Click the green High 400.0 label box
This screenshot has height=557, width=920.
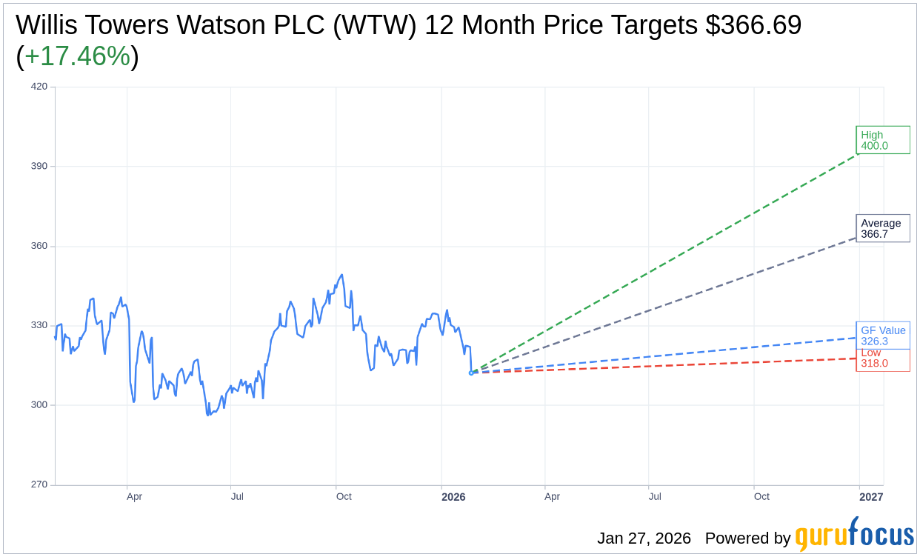[882, 140]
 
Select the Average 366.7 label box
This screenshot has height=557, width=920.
[882, 228]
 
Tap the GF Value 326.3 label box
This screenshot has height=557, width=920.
[882, 336]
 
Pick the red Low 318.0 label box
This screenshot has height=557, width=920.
[882, 361]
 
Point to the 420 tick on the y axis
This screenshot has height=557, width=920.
[39, 87]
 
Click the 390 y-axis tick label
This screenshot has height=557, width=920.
[39, 166]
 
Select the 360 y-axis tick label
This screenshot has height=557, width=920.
[39, 246]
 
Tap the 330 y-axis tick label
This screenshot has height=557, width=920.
[39, 325]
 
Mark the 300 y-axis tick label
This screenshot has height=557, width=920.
[39, 405]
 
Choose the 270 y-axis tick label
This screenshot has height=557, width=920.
[39, 484]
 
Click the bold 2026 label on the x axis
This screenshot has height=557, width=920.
[453, 497]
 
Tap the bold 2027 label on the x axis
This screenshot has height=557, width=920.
[871, 497]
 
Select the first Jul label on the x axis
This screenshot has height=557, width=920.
[237, 497]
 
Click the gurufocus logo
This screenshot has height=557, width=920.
[854, 535]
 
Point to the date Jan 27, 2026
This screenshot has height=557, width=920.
[644, 538]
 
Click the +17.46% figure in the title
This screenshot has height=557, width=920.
[77, 56]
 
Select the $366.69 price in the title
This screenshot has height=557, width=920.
[753, 25]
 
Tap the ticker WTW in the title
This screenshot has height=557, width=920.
[376, 25]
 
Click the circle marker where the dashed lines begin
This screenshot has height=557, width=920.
[471, 373]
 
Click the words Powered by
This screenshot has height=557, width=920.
[747, 538]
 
